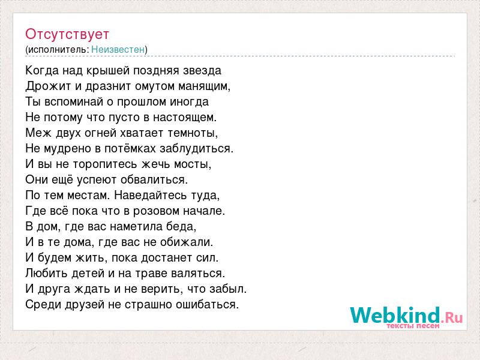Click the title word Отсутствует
pyautogui.click(x=67, y=34)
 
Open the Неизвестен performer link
pyautogui.click(x=118, y=49)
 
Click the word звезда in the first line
pyautogui.click(x=202, y=70)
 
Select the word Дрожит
pyautogui.click(x=49, y=86)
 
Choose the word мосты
pyautogui.click(x=191, y=164)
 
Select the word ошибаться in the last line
pyautogui.click(x=206, y=305)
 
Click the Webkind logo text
pyautogui.click(x=395, y=316)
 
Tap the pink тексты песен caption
pyautogui.click(x=413, y=326)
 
